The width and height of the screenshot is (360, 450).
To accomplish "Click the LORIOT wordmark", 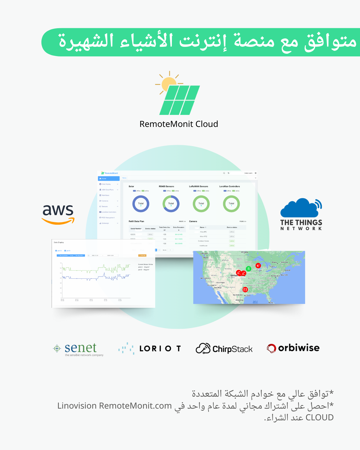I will [160, 349].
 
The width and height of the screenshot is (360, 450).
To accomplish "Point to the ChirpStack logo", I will [224, 349].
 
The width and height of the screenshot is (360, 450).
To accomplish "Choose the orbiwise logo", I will [293, 348].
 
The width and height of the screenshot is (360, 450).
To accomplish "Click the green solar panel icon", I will [180, 100].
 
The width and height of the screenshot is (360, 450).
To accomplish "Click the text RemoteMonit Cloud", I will [179, 124].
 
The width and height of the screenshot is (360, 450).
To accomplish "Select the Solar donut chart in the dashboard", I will [141, 204].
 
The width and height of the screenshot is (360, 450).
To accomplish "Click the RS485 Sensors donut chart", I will [171, 204].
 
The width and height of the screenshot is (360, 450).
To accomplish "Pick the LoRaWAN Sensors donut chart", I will [201, 204].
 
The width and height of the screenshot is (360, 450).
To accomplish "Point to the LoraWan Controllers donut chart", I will [231, 204].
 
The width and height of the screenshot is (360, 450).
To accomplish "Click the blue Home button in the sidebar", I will [109, 178].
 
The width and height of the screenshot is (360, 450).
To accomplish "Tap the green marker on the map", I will [248, 269].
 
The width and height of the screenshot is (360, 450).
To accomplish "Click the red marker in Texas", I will [245, 289].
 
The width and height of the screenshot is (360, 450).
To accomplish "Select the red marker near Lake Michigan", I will [258, 265].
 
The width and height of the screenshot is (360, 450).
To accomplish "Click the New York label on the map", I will [284, 275].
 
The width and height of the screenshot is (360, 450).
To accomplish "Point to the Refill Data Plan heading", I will [136, 221].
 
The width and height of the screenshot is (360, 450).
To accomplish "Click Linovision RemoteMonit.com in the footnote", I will [115, 406].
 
